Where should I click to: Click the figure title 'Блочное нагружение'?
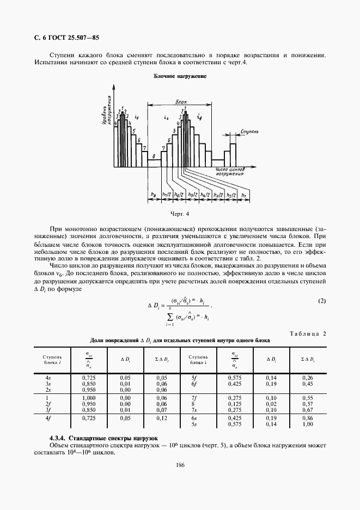[x=180, y=76]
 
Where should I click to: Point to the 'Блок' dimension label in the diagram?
[x=181, y=102]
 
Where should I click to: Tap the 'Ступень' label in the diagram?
[x=247, y=132]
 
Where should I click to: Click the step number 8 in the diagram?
[x=154, y=156]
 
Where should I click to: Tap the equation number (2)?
[x=321, y=301]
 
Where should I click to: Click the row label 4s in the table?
[x=48, y=377]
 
